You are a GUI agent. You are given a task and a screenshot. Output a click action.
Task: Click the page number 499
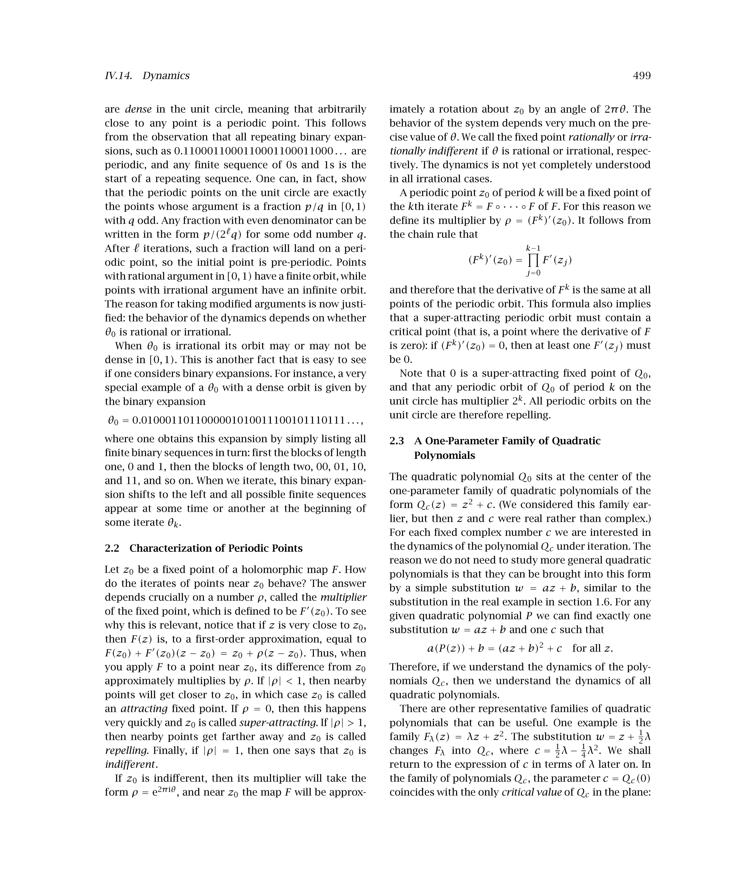[x=642, y=76]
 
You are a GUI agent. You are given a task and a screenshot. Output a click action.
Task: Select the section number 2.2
[x=112, y=548]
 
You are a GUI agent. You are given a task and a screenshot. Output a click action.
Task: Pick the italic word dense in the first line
[x=138, y=109]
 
